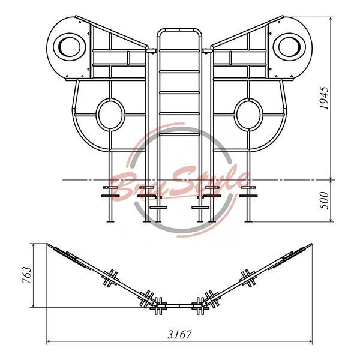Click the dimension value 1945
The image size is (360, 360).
coord(324,98)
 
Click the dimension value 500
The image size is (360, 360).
coord(324,200)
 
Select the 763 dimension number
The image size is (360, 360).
coord(27,275)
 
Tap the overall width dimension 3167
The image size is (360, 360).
coord(179,335)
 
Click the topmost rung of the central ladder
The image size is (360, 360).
coord(179,50)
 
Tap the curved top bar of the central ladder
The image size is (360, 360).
coord(179,30)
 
